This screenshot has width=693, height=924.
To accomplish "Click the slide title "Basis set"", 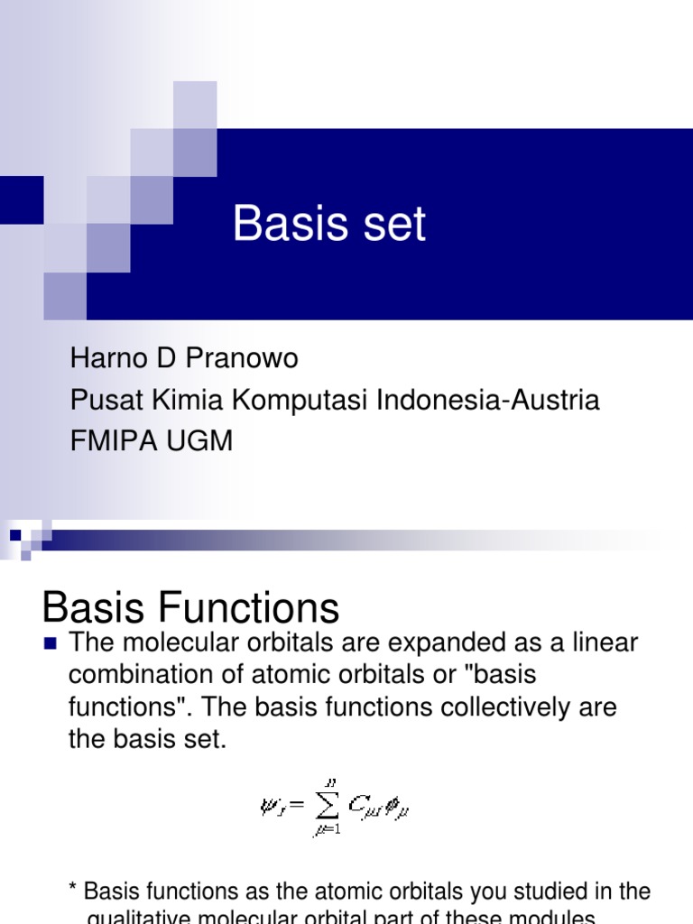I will (329, 224).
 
